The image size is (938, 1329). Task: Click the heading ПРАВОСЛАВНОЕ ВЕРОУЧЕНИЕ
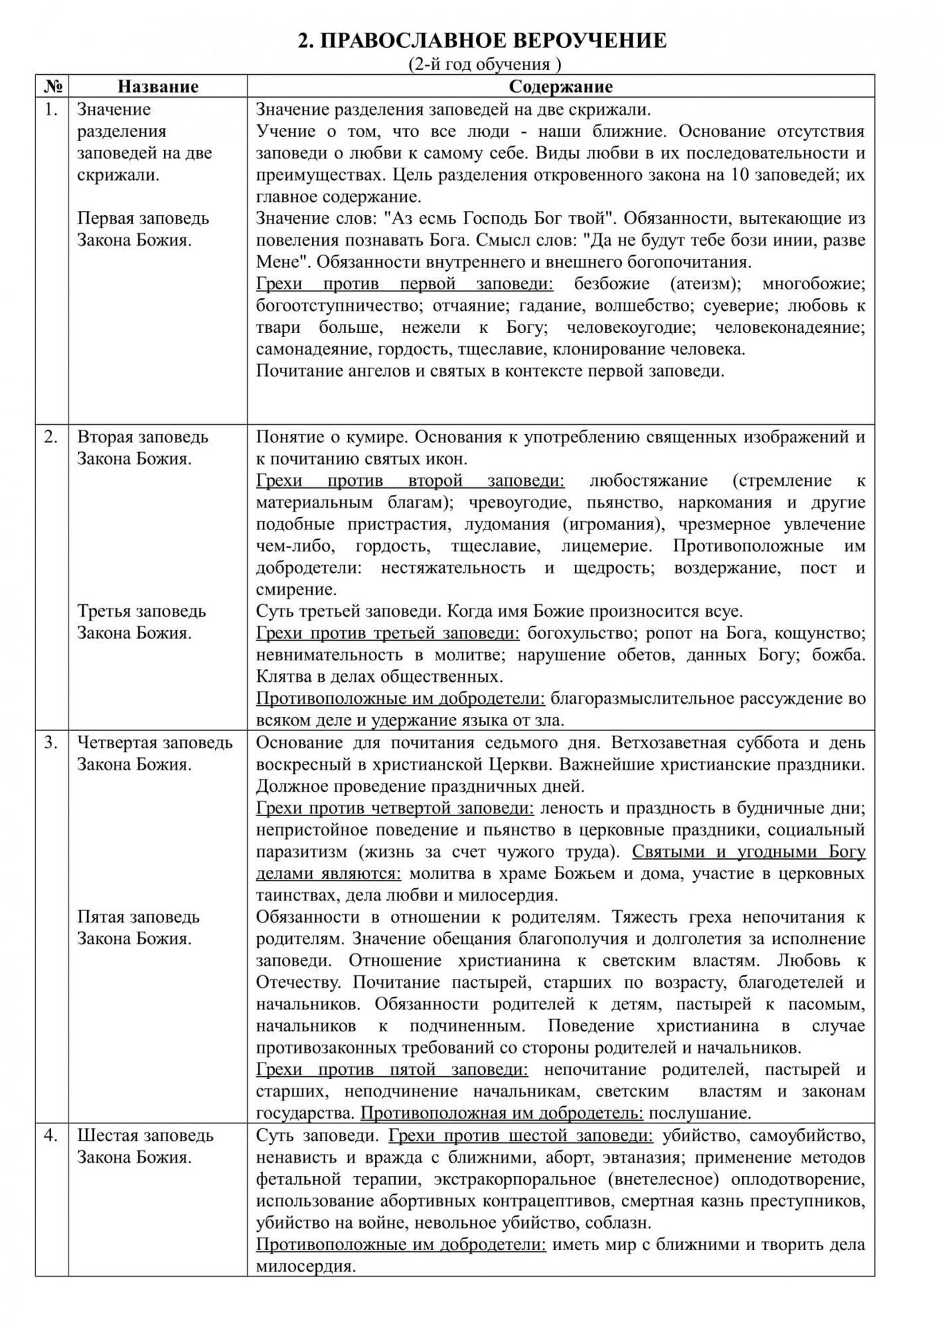(x=482, y=41)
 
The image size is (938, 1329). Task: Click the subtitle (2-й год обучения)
(x=482, y=64)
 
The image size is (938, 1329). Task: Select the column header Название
(x=158, y=87)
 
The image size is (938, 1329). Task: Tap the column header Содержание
(x=560, y=87)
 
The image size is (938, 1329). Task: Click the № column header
(x=52, y=87)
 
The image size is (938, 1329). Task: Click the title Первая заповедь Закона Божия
(x=142, y=229)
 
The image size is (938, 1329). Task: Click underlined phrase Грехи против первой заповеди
(x=405, y=284)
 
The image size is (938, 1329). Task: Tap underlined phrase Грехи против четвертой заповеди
(x=395, y=808)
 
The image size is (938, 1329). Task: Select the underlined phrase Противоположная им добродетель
(x=502, y=1113)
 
